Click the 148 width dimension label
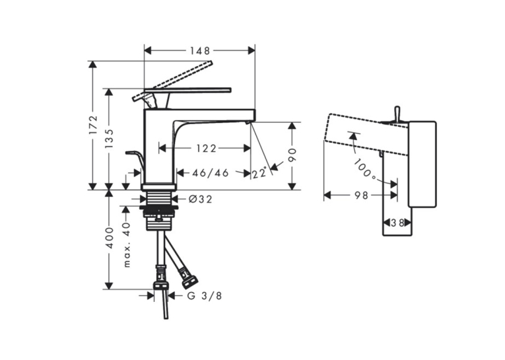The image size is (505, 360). [199, 51]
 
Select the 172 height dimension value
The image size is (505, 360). [93, 125]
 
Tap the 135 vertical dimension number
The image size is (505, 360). [110, 139]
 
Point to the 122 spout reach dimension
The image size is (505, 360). [206, 148]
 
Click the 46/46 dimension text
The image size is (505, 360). [211, 173]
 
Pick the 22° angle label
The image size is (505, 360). [259, 173]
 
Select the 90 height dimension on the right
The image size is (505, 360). [292, 155]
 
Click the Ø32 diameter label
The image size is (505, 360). [200, 199]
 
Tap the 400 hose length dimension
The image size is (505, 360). [110, 238]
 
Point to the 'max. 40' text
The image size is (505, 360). [127, 244]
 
